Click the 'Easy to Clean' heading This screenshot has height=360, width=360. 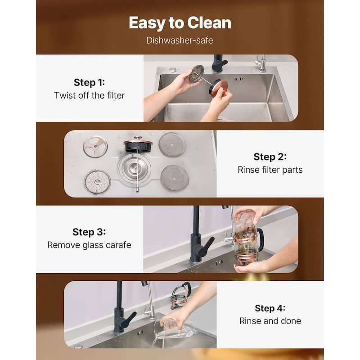point(180,23)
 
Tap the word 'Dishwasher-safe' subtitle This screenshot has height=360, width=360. point(180,40)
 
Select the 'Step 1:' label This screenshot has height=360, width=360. point(89,82)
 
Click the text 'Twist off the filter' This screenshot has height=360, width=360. point(89,95)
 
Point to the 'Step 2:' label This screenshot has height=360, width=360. point(270,157)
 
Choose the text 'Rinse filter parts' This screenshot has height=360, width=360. point(270,170)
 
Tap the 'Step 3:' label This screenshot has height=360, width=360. point(89,232)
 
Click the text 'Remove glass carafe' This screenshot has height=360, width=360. point(89,245)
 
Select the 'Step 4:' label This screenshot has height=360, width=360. point(270,308)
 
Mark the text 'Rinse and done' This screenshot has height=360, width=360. point(270,321)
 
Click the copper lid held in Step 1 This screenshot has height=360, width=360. point(220,87)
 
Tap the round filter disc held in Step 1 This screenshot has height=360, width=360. point(197,74)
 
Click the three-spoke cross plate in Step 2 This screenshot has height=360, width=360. point(95,147)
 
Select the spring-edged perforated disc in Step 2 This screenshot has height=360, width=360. point(97,182)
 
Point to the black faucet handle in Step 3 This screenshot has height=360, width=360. point(204,246)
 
